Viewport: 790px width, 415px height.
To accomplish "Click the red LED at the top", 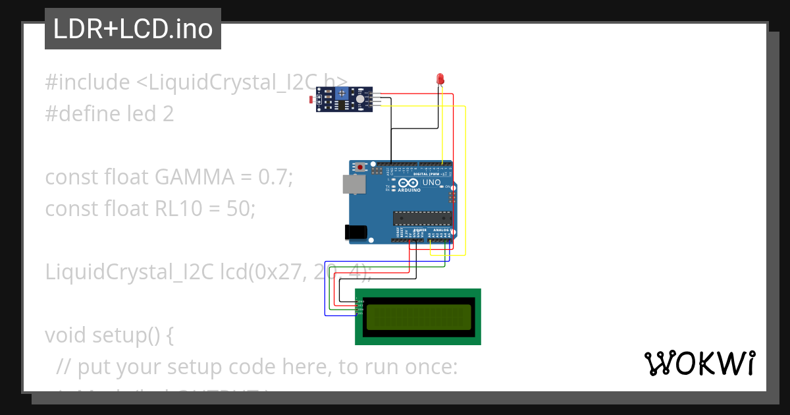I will point(440,79).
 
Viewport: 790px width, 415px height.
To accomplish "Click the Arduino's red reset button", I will point(360,167).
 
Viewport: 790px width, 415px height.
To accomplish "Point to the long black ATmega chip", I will point(422,218).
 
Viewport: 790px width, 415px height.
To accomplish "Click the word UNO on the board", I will point(431,182).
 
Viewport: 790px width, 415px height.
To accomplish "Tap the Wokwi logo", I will point(699,363).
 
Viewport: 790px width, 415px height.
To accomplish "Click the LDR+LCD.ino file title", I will point(133,29).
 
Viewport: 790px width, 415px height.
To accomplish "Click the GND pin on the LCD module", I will point(359,301).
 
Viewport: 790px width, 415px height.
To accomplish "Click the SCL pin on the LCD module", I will point(359,313).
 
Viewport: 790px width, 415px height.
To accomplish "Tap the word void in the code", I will point(66,335).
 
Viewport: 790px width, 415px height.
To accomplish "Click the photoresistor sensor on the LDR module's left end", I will point(312,100).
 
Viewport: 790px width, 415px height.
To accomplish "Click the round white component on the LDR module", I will point(360,99).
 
